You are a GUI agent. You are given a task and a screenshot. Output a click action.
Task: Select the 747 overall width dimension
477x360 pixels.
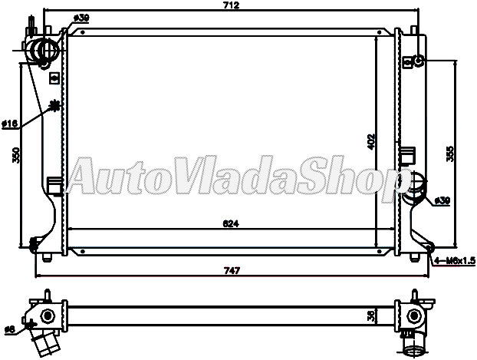[232, 270]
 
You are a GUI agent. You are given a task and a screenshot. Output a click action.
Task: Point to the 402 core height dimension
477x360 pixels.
[371, 140]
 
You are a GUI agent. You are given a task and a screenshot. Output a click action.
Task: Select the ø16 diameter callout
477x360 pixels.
[9, 123]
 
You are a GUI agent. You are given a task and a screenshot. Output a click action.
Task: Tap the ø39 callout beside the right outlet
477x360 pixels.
[442, 200]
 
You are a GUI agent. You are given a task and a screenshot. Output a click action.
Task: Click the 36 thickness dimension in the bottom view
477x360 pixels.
[371, 315]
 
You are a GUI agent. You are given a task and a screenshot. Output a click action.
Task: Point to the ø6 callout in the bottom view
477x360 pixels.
[9, 329]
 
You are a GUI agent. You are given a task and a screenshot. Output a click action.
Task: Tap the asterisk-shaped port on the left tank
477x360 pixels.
[54, 106]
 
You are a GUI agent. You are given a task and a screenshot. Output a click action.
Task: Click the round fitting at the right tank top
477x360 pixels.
[419, 61]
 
